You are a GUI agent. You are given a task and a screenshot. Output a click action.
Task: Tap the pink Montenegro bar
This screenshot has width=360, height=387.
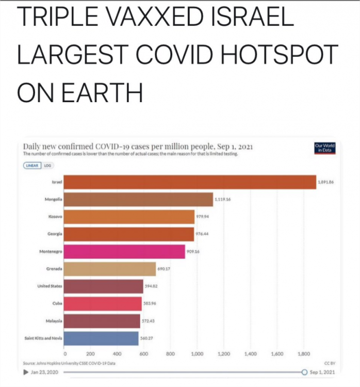(x=124, y=251)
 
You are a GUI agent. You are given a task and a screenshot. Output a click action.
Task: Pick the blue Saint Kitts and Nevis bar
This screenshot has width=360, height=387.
(x=101, y=338)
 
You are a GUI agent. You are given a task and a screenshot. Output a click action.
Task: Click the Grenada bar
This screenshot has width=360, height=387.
(x=110, y=269)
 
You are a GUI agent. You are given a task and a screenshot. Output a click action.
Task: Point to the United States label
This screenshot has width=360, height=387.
(x=50, y=286)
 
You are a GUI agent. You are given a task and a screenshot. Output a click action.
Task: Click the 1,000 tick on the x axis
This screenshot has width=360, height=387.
(x=197, y=354)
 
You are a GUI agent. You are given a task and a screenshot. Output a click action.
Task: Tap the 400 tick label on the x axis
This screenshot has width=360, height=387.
(x=117, y=354)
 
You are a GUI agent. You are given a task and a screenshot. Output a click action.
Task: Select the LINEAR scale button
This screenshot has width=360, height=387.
(x=32, y=165)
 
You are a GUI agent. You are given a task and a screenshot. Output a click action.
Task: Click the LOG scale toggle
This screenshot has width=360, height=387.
(x=48, y=165)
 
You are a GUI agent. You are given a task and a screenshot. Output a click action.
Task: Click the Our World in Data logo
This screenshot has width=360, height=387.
(x=325, y=148)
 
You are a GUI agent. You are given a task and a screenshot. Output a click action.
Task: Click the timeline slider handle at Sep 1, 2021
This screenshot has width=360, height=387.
(x=304, y=372)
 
